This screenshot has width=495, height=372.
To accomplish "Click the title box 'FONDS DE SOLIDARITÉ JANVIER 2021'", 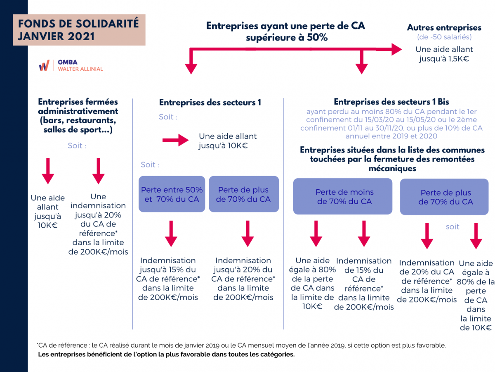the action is click(79, 30).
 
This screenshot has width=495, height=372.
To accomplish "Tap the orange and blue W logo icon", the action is click(44, 65).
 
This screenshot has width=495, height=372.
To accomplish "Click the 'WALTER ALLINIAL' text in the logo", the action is click(80, 69).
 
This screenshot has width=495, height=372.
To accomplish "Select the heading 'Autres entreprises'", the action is click(444, 28).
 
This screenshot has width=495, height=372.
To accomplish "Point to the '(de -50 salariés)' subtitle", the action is click(444, 37).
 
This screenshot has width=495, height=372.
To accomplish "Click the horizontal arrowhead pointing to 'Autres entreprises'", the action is click(396, 49).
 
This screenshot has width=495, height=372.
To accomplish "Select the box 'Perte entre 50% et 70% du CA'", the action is click(172, 194).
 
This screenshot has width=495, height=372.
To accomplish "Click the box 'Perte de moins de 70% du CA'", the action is click(342, 196).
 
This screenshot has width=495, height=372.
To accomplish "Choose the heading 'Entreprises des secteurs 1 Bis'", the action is click(391, 102).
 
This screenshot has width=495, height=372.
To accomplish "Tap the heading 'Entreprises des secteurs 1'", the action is click(210, 103).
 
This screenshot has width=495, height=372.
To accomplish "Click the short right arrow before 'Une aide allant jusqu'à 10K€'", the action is click(175, 140).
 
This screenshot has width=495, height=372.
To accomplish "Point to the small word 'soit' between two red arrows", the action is click(453, 227).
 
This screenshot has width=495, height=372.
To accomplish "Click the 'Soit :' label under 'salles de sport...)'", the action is click(77, 145).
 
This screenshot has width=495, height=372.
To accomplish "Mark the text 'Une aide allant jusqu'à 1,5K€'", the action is click(444, 54).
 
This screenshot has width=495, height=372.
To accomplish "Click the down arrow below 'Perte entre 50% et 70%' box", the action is click(171, 234).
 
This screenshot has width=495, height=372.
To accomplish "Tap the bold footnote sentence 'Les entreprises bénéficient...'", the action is click(166, 354).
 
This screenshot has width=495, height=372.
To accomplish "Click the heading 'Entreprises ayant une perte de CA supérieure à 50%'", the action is click(285, 31).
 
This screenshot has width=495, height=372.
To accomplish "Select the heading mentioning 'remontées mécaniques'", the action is click(392, 159).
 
